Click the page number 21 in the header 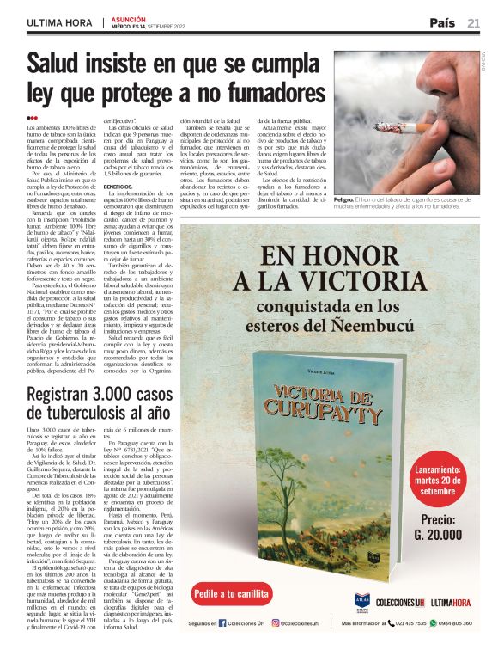pyautogui.click(x=473, y=22)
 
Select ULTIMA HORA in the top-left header pyautogui.click(x=57, y=22)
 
